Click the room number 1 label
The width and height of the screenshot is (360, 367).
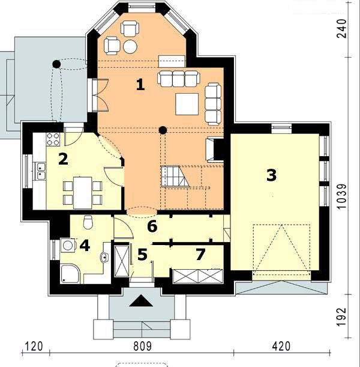point(140,85)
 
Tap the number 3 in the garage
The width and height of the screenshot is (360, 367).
point(271,175)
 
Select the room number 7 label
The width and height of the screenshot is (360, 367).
point(200,255)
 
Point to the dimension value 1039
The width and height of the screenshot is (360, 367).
point(342,196)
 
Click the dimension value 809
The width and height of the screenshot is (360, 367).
point(142,347)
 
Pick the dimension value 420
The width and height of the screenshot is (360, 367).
point(281,347)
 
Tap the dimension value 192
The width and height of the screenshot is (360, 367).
point(342,317)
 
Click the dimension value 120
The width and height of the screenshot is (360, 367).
point(34,347)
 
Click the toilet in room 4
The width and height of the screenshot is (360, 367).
point(88,222)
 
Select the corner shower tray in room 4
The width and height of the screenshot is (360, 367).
point(70,274)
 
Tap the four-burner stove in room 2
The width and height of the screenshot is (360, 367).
point(53,139)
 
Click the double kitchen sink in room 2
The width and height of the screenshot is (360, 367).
point(40,171)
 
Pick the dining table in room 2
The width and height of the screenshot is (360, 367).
point(83,193)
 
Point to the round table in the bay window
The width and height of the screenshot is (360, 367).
point(130,47)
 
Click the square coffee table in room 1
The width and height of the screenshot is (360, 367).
point(187,104)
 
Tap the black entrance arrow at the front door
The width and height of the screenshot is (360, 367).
point(141,301)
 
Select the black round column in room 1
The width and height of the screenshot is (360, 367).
point(163,130)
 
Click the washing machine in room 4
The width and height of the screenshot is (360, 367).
point(68,245)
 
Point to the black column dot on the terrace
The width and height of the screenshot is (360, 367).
point(56,64)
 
